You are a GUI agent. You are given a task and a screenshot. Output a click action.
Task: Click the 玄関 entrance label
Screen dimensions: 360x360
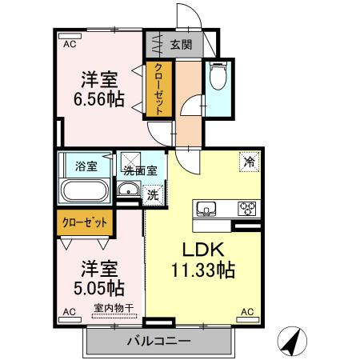[180, 45]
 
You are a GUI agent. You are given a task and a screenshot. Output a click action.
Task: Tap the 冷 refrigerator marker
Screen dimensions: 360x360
[250, 162]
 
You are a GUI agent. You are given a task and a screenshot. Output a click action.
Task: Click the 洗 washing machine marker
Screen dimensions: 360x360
[152, 193]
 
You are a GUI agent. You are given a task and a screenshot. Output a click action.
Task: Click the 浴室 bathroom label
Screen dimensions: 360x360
[86, 166]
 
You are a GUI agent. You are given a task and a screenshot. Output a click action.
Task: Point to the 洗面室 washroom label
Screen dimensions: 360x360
[144, 170]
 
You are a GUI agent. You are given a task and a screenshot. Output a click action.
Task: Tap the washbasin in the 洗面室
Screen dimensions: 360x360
[127, 191]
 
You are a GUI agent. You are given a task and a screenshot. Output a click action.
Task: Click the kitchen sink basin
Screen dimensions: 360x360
[207, 210]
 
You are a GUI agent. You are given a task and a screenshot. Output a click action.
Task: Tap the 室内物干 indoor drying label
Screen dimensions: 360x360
[114, 307]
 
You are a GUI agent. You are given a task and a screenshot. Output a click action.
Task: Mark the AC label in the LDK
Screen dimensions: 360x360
[246, 311]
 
